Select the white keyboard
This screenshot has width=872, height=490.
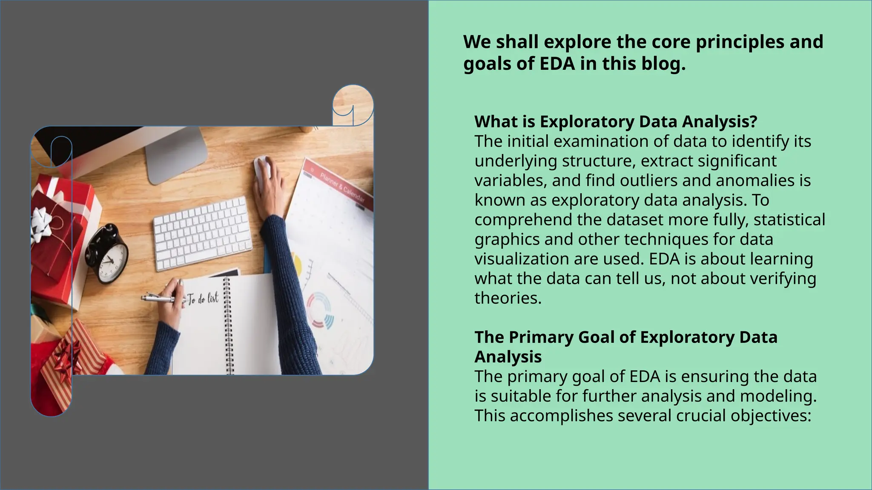[202, 233]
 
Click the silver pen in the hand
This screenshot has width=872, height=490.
[158, 298]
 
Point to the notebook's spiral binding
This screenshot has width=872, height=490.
[228, 325]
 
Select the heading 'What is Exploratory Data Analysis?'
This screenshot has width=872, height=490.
[616, 122]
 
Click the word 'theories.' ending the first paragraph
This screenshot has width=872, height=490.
[508, 298]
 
